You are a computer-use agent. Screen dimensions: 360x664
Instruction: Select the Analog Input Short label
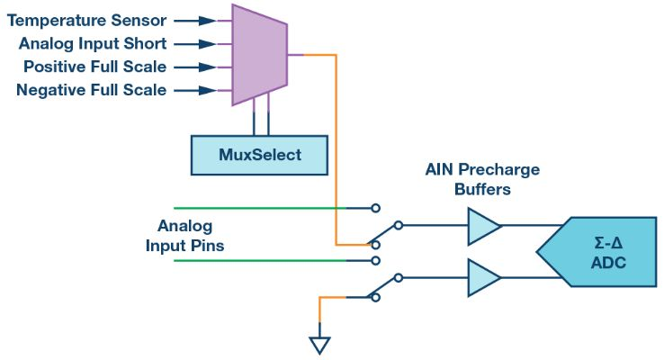(x=93, y=43)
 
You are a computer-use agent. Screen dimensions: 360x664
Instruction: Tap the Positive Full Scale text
(x=95, y=67)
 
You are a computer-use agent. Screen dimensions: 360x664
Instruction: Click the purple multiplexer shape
(x=258, y=54)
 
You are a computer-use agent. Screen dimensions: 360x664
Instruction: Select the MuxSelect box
(x=259, y=155)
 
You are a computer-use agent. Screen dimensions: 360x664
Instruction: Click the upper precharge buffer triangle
(x=482, y=225)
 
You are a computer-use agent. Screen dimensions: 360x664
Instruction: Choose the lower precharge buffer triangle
(x=482, y=278)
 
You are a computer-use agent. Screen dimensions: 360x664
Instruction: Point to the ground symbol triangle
(x=319, y=345)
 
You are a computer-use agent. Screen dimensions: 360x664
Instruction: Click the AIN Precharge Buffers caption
(x=483, y=178)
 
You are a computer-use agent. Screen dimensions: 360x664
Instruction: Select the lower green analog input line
(x=261, y=261)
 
